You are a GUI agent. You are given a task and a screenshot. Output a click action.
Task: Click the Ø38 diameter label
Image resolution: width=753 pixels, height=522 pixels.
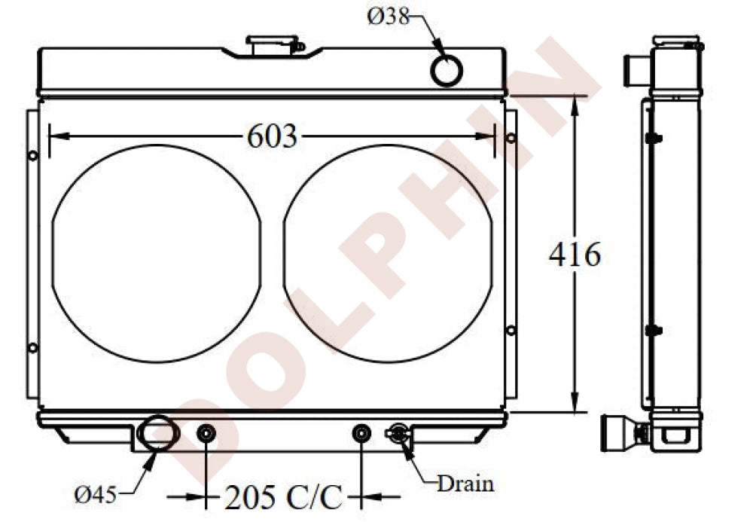coord(388,17)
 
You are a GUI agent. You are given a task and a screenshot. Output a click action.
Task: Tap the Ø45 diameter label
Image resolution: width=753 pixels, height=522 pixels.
coord(96,494)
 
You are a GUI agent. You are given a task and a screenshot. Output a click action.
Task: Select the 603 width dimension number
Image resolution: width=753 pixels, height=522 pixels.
coord(273,136)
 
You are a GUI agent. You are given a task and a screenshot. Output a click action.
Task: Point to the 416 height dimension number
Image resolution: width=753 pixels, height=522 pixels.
coord(575,255)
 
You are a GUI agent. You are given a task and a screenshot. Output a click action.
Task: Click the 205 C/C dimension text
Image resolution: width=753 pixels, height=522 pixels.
coord(284,497)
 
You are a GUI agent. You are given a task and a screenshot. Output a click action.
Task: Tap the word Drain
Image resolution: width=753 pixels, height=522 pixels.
coord(465,484)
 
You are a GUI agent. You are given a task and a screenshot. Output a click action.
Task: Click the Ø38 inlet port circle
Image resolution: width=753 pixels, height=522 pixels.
coord(447,71)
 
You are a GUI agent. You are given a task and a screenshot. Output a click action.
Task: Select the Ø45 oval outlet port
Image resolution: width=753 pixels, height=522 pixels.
coord(158,434)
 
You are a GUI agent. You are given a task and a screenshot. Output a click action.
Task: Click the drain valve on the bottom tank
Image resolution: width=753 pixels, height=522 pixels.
coord(398,433)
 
